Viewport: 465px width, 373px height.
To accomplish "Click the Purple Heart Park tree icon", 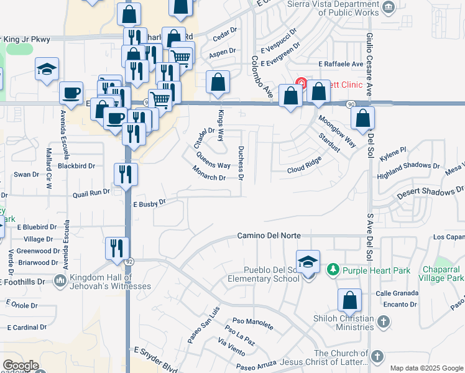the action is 333,270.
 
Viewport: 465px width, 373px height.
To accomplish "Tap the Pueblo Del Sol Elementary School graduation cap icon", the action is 308,262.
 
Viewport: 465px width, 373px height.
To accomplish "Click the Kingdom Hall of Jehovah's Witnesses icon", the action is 60,281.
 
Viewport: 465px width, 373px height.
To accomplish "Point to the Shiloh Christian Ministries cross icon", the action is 384,321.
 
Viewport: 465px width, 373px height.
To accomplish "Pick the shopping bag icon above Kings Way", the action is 218,82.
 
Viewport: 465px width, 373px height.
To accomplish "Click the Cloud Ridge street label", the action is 304,165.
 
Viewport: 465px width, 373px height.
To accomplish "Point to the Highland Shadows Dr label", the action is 409,165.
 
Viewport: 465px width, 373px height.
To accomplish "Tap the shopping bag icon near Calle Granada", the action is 350,301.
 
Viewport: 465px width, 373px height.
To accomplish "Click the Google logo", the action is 21,366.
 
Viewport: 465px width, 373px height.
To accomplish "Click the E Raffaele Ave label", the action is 341,64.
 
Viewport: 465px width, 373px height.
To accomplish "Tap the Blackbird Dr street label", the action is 76,166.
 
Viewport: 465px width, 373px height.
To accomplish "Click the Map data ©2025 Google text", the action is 426,368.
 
